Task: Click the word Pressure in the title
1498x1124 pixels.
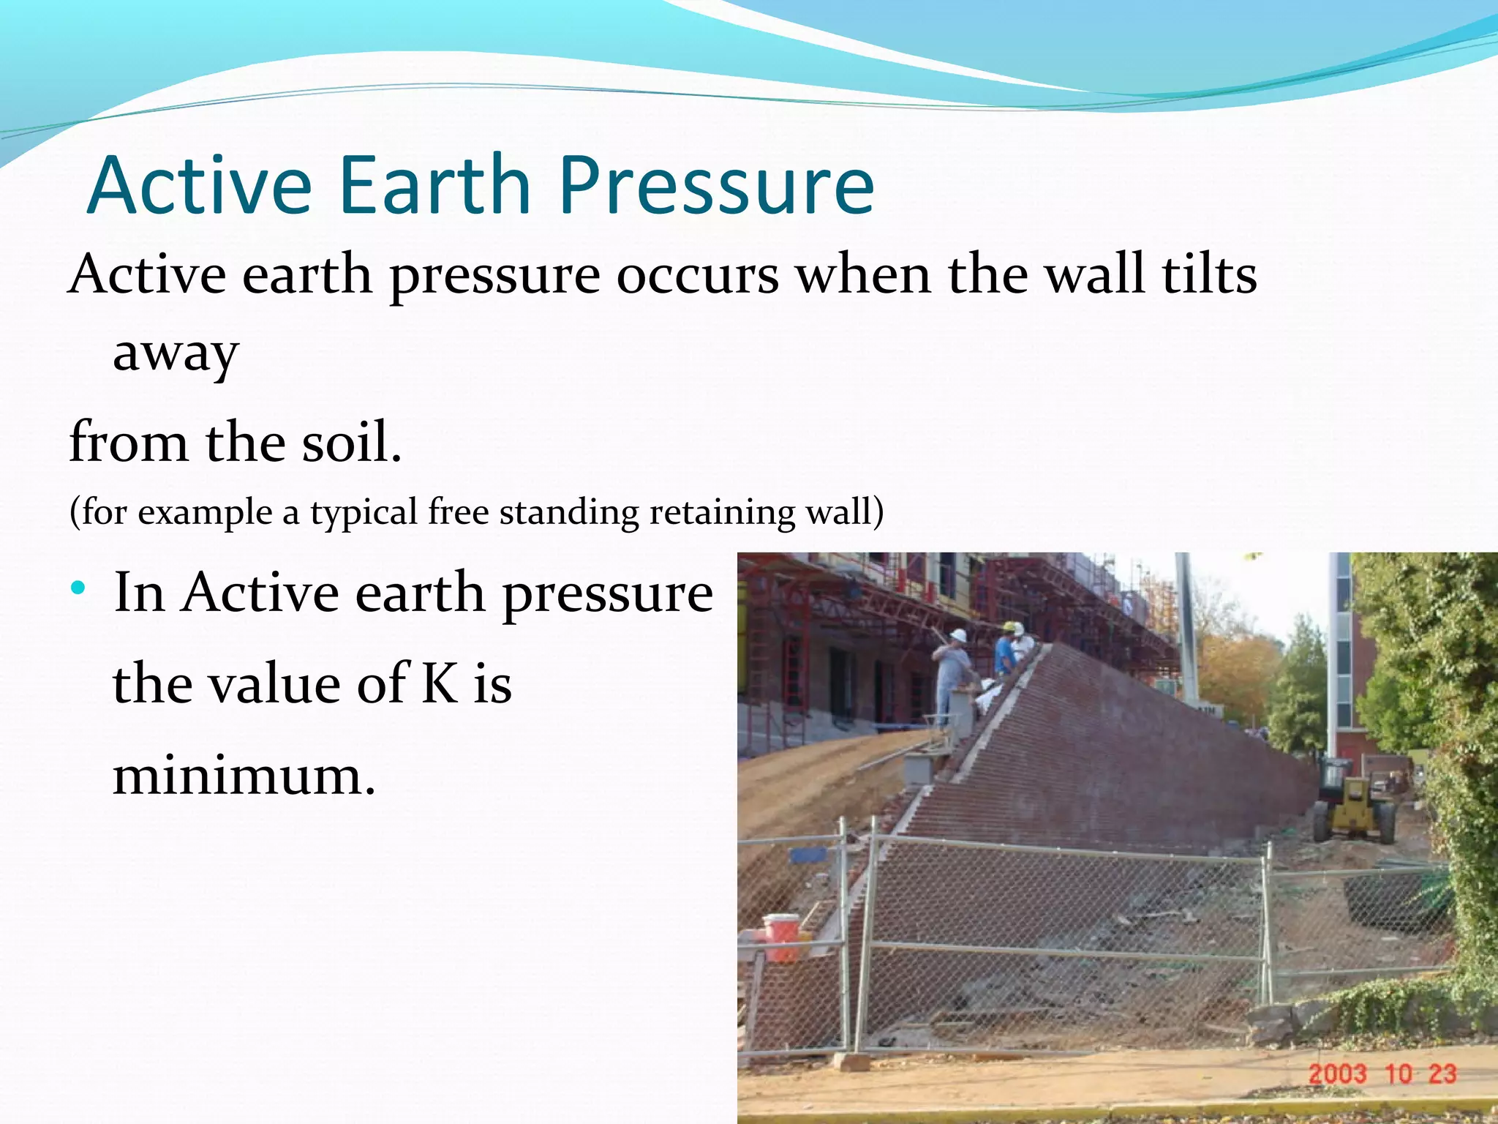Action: point(717,187)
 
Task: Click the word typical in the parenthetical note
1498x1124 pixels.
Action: point(364,512)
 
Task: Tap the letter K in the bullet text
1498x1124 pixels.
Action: point(439,684)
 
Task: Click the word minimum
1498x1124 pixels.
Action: point(244,776)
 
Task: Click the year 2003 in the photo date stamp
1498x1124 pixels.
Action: point(1337,1074)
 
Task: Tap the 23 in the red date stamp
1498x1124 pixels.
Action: point(1442,1074)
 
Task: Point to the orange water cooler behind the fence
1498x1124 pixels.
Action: point(781,937)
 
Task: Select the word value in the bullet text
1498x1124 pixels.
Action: point(271,684)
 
